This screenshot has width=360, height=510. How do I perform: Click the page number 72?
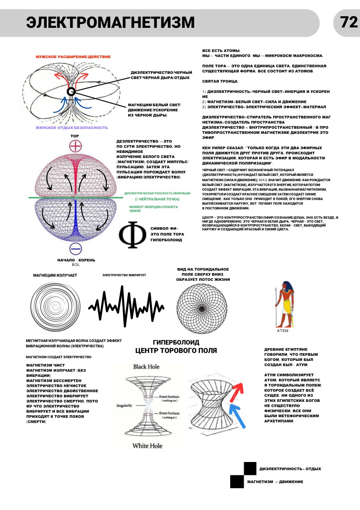(349, 22)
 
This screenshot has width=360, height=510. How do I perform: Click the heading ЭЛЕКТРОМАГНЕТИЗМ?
(110, 22)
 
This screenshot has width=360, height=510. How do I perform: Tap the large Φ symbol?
(132, 235)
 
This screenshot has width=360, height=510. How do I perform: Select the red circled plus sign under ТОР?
(75, 146)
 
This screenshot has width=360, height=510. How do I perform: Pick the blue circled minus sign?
(75, 249)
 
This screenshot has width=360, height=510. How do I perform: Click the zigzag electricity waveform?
(126, 306)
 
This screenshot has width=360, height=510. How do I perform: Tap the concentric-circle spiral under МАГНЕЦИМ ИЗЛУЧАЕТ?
(55, 307)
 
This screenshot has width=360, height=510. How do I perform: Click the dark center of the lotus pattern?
(202, 309)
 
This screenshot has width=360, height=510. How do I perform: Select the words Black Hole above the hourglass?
(146, 367)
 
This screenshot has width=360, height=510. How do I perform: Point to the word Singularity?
(124, 405)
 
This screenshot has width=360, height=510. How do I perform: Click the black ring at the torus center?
(71, 92)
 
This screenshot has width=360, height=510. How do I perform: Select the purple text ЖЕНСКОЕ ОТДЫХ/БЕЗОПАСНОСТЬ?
(72, 128)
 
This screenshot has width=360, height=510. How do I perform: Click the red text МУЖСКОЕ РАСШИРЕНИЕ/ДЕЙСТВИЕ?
(73, 57)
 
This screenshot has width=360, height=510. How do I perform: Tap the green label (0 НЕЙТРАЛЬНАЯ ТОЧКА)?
(157, 199)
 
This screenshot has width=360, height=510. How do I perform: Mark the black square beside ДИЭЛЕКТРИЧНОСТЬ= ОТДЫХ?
(250, 468)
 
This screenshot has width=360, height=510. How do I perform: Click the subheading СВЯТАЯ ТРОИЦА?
(221, 81)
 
